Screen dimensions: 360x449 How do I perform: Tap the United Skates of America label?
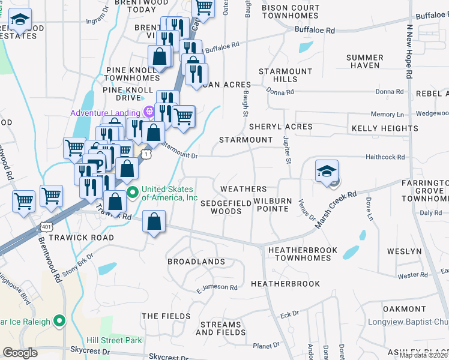[169, 193]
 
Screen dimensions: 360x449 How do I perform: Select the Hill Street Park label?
[113, 340]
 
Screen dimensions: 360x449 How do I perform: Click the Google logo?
[20, 352]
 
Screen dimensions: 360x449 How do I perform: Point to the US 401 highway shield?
[46, 226]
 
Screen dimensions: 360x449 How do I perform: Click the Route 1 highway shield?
[146, 154]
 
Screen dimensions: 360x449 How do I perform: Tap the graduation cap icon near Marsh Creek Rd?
[327, 172]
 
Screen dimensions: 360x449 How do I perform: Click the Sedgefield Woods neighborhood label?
[226, 207]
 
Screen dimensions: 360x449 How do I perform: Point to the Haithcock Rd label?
[385, 157]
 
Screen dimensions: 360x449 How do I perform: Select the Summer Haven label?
[364, 61]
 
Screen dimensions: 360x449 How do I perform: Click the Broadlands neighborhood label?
[196, 262]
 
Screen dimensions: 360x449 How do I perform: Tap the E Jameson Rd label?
[217, 288]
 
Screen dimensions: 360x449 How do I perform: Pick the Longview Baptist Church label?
[408, 322]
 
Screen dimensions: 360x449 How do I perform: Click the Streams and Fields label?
[221, 328]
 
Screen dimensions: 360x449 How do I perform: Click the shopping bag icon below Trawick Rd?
[155, 222]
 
